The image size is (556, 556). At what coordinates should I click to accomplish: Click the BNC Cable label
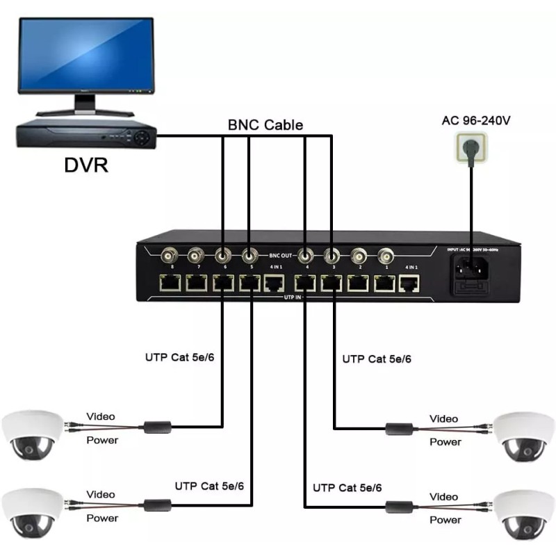click(x=265, y=126)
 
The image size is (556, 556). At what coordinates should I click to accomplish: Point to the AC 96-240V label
click(x=476, y=120)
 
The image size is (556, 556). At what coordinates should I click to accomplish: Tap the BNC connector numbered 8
click(x=167, y=255)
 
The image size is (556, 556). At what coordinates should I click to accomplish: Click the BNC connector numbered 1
click(x=385, y=255)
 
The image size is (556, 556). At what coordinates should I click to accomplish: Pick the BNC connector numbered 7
click(x=195, y=255)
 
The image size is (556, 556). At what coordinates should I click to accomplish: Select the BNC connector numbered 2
click(x=359, y=255)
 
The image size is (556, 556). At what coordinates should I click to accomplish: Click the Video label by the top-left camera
click(x=101, y=416)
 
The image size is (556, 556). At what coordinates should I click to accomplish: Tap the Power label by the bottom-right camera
click(x=445, y=520)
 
